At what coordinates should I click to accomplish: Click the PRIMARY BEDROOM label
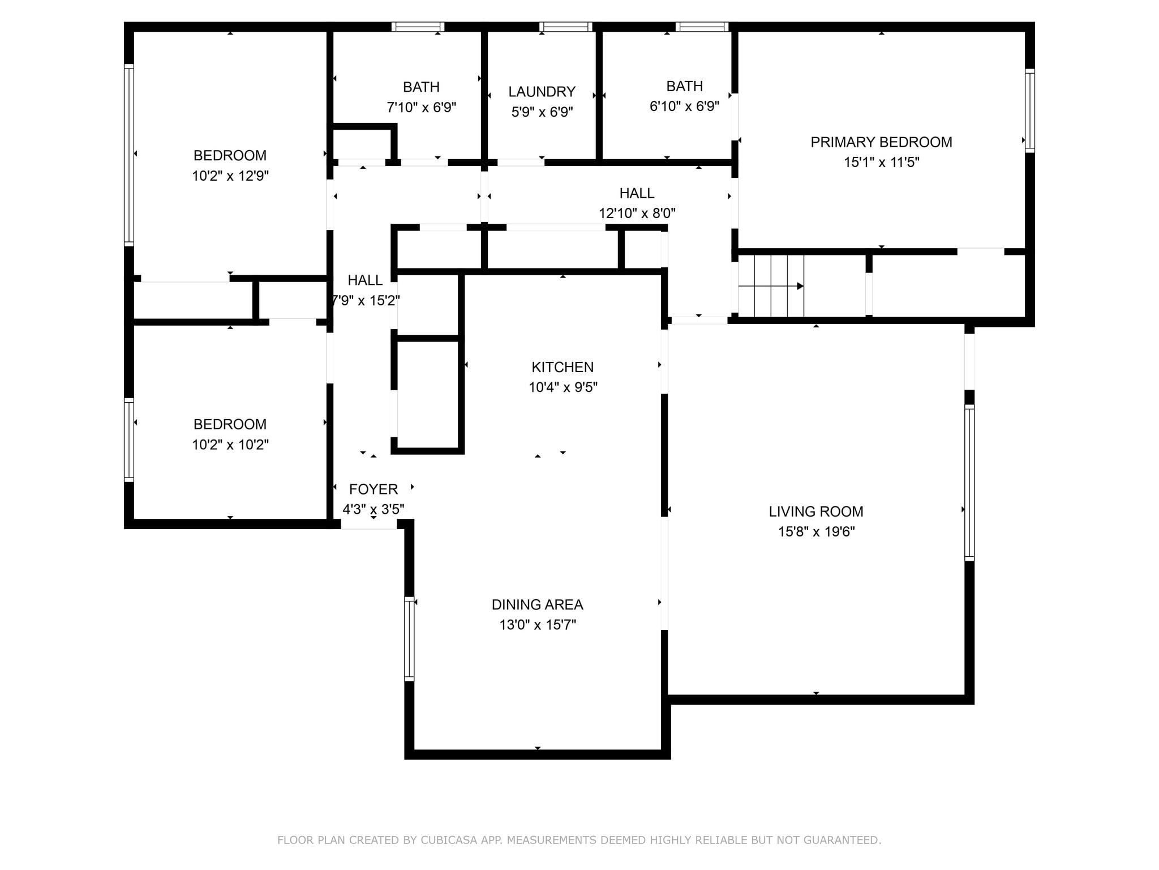tap(881, 142)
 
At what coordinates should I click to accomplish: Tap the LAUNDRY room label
tap(542, 92)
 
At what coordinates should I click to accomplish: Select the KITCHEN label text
tap(563, 367)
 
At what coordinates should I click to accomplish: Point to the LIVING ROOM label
tap(816, 511)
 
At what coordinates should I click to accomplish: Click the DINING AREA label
tap(537, 604)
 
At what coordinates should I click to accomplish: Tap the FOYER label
tap(374, 489)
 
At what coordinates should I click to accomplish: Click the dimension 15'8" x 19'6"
tap(816, 531)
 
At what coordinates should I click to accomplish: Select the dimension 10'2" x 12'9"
tap(230, 176)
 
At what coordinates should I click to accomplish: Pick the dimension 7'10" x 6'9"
tap(421, 107)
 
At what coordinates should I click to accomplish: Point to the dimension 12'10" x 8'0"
tap(637, 213)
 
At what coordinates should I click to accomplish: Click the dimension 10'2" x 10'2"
tap(230, 445)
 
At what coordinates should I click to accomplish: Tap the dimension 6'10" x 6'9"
tap(684, 106)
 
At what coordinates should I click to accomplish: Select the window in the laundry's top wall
tap(565, 27)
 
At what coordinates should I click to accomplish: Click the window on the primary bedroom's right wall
tap(1030, 110)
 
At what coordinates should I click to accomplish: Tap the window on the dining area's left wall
tap(409, 638)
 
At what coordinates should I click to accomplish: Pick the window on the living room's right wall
tap(969, 483)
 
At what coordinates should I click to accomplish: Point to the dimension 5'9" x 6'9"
tap(542, 112)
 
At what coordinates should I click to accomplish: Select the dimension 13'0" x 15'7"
tap(537, 625)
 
